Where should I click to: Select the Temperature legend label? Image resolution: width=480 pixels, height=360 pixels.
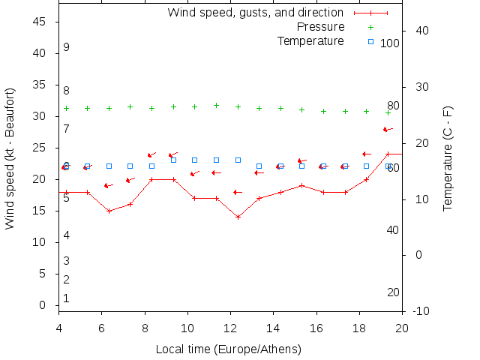(310, 40)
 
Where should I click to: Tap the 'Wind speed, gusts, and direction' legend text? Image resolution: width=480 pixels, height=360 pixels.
(255, 13)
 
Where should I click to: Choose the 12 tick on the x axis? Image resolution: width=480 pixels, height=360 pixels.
(230, 328)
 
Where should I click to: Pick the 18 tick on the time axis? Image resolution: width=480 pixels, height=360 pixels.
(359, 328)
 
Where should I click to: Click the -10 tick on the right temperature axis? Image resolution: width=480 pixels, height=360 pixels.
(421, 310)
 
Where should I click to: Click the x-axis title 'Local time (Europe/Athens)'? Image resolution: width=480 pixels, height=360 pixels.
(228, 349)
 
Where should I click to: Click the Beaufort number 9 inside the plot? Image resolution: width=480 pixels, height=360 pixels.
(66, 47)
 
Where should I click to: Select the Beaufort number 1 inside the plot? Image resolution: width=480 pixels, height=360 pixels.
(66, 298)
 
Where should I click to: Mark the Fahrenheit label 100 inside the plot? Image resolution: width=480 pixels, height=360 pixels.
(389, 43)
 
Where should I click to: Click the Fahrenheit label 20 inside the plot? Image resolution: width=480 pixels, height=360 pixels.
(392, 292)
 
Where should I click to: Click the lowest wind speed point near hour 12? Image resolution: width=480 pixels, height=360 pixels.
(238, 217)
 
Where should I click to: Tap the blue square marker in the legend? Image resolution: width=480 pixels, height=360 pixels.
(370, 41)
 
